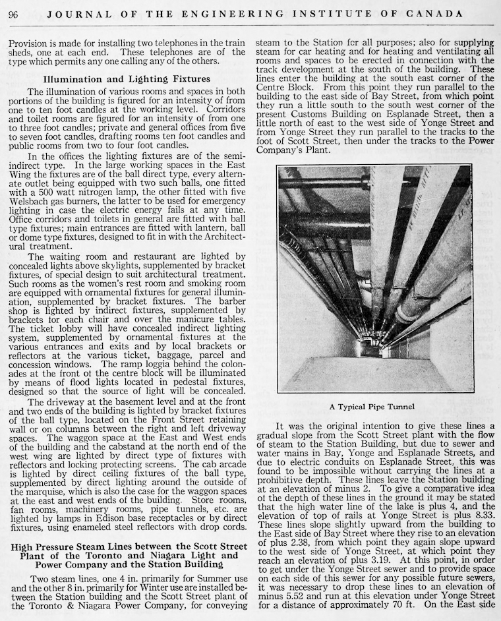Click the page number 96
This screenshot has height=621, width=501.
click(x=14, y=13)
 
